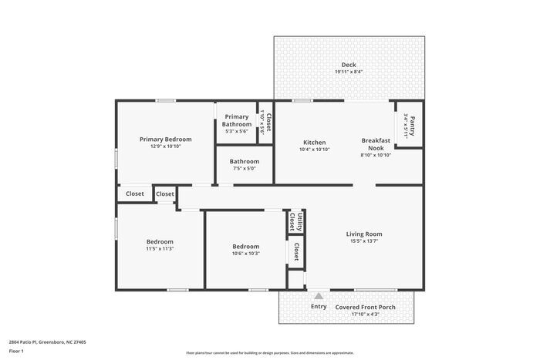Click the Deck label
(x=349, y=65)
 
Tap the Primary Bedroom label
(x=165, y=140)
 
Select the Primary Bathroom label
(x=237, y=120)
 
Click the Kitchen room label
(x=314, y=143)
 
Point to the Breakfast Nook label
(x=376, y=144)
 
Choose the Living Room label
(x=363, y=234)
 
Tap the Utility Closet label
(x=295, y=222)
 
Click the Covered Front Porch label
(x=366, y=307)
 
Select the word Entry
(x=319, y=307)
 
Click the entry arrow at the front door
(x=318, y=295)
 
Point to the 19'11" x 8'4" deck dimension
(x=349, y=72)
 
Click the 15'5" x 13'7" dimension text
(x=363, y=241)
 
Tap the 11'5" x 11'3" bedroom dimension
(x=160, y=248)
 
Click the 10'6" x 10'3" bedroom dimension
(x=246, y=254)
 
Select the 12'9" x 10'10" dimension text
(x=165, y=146)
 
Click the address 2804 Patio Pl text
(x=47, y=341)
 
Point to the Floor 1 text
(x=17, y=352)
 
